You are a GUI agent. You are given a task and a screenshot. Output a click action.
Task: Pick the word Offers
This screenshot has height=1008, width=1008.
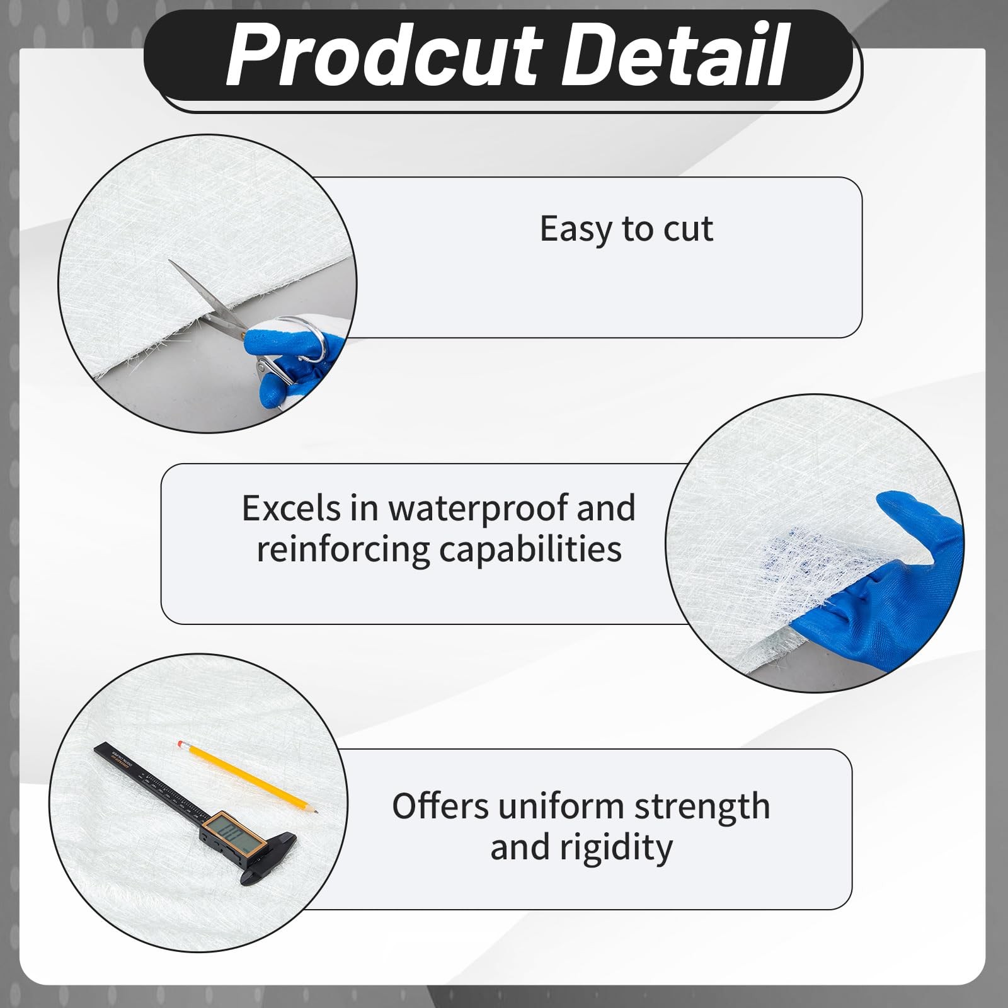click(x=440, y=806)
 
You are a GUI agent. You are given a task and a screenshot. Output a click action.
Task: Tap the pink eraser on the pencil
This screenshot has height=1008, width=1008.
click(x=181, y=743)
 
